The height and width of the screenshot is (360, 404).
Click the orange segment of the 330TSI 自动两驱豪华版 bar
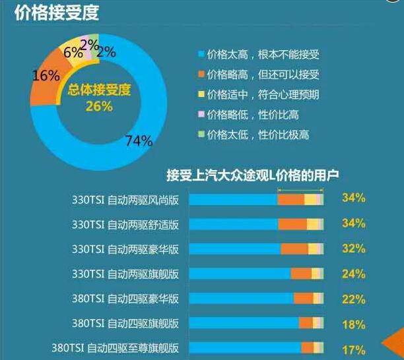click(294, 249)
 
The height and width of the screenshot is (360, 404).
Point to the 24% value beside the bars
click(354, 273)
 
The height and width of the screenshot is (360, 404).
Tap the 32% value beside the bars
click(354, 248)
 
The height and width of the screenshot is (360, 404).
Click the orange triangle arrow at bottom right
click(395, 343)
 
